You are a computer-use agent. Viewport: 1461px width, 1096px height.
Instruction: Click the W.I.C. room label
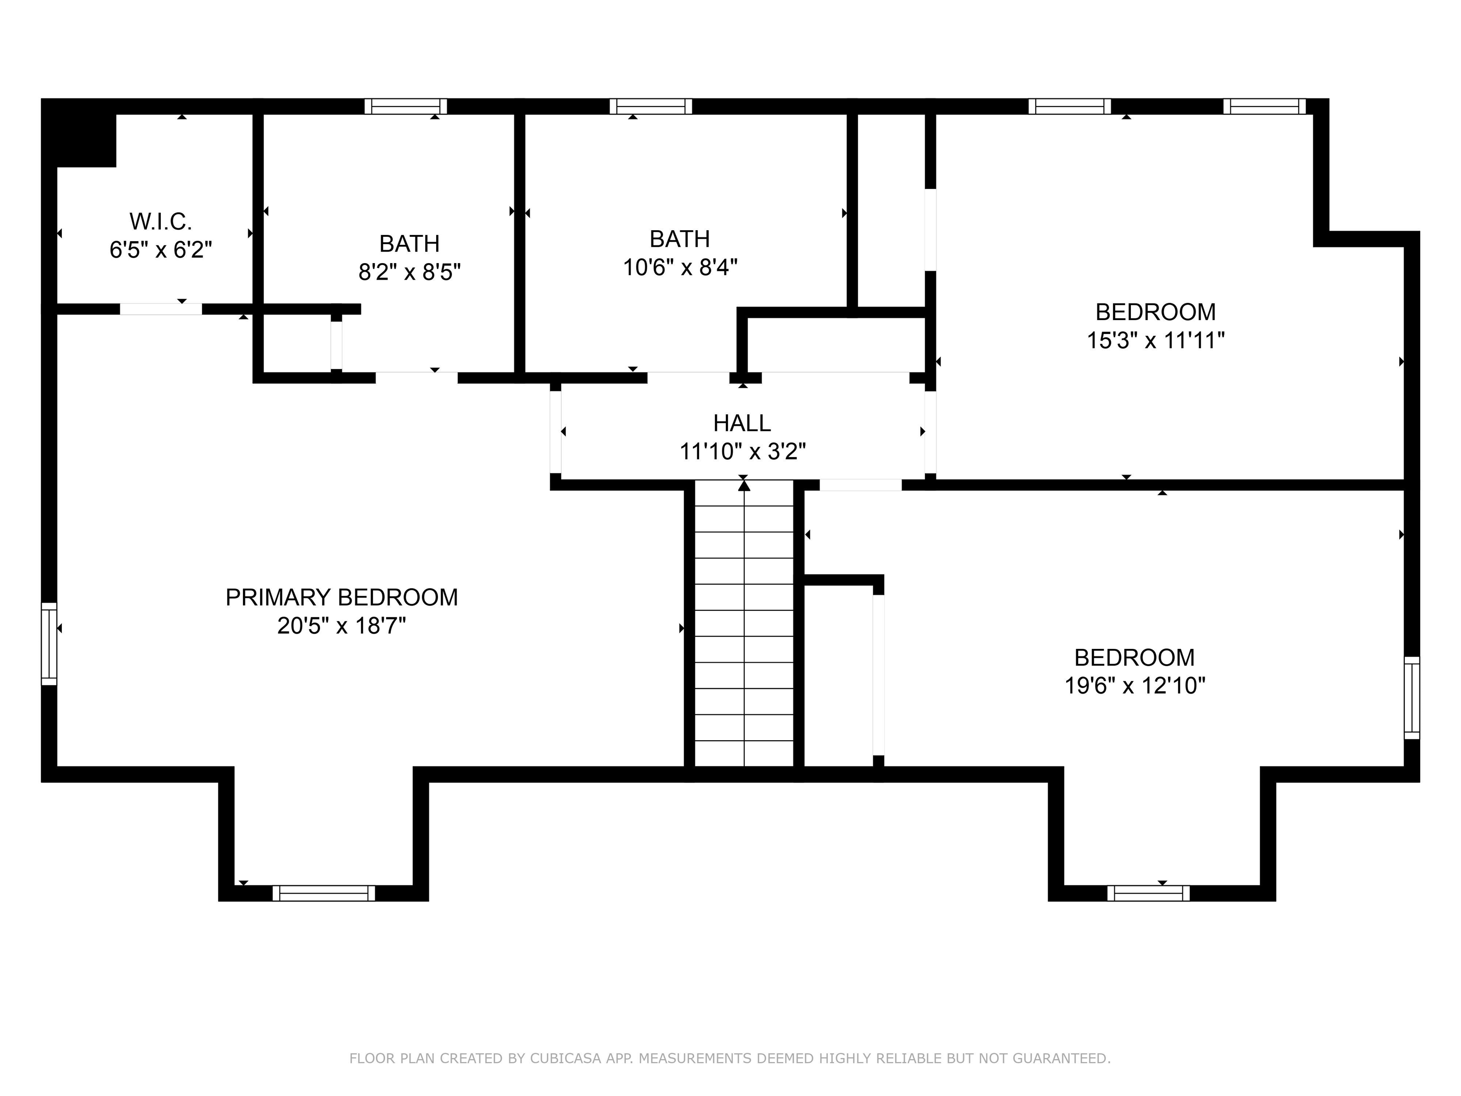[160, 221]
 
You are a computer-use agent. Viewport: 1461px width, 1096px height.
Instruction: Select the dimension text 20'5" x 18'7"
[341, 625]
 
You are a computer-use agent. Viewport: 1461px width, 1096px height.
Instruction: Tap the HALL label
[742, 423]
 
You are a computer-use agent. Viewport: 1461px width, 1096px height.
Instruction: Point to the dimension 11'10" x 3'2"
[742, 452]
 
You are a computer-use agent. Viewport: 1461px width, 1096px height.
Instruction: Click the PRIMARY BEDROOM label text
[341, 597]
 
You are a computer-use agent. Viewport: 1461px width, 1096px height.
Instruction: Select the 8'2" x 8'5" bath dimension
[409, 272]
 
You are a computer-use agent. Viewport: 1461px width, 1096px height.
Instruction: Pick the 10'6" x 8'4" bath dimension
[680, 267]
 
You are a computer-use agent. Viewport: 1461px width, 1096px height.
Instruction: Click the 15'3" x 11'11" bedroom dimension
[1155, 340]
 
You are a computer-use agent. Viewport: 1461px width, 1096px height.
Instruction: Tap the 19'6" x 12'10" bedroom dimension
[1134, 686]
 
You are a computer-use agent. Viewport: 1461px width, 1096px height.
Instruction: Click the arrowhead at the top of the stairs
[744, 486]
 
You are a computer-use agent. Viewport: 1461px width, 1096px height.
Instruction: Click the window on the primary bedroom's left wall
[49, 644]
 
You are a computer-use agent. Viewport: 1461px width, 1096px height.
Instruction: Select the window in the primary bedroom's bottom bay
[324, 893]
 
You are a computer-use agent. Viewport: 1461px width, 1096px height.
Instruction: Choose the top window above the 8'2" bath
[406, 107]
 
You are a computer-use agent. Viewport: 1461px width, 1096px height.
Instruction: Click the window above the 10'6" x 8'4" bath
[651, 107]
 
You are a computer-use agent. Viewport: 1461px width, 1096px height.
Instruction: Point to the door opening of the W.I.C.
[160, 309]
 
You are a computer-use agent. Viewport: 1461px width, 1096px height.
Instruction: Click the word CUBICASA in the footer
[565, 1058]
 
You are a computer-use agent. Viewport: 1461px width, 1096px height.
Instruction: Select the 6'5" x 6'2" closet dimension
[160, 250]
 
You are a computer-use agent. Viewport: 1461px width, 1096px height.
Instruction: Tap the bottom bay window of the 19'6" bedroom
[1148, 893]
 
